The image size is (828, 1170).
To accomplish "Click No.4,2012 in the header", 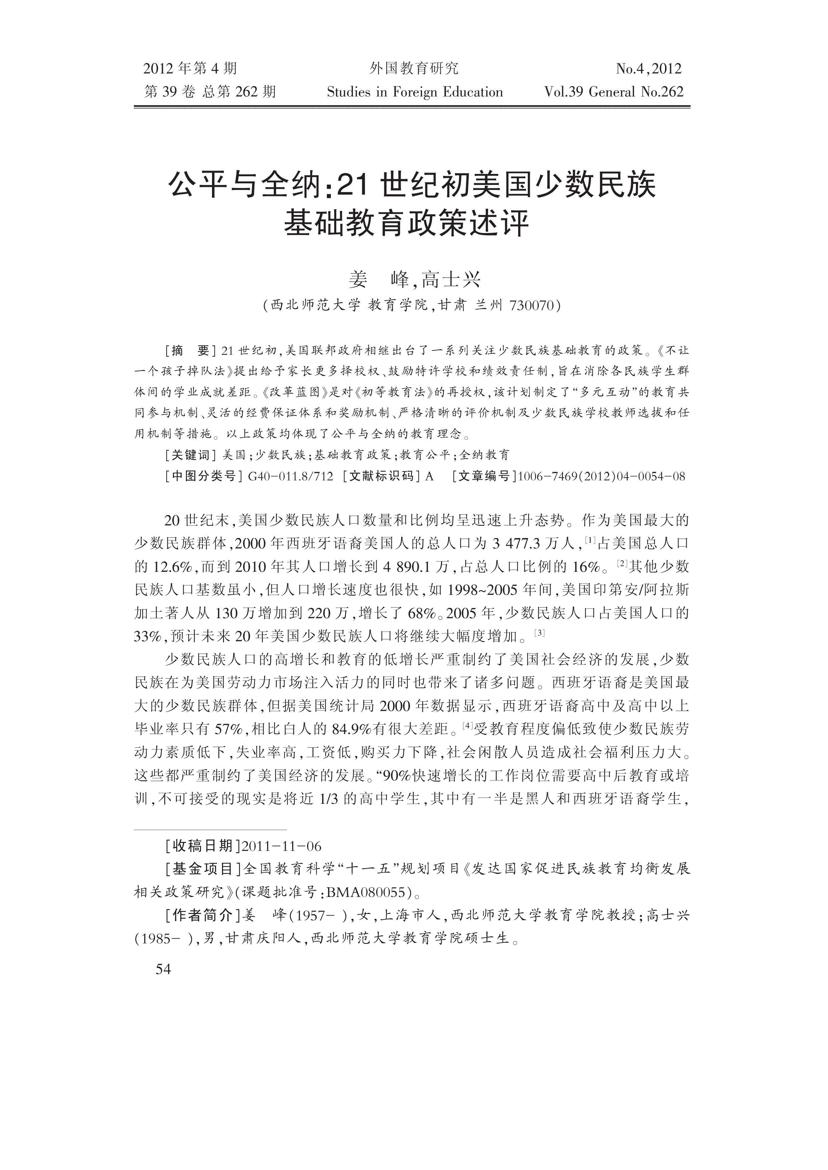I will (x=648, y=68).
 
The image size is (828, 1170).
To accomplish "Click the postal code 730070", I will (x=530, y=305).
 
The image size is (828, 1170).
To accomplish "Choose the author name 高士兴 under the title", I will (x=452, y=279).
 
